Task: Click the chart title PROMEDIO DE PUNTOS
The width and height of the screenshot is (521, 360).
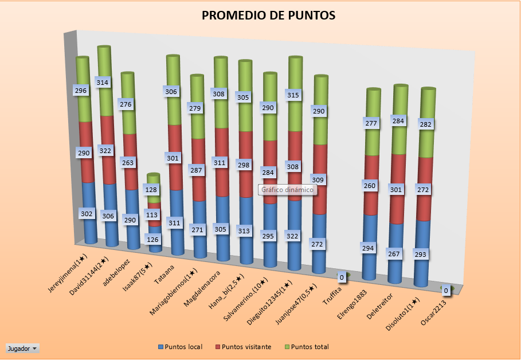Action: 268,16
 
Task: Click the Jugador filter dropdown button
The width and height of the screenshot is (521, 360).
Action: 22,348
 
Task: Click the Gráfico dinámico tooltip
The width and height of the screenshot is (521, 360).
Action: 288,190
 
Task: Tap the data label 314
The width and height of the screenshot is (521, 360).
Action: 104,83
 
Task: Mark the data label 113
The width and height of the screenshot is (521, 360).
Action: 152,216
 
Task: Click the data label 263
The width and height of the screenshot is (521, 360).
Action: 128,162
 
